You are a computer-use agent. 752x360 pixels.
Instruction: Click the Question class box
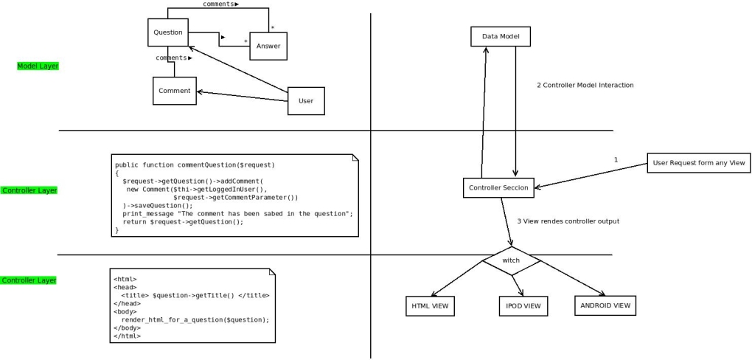(x=168, y=32)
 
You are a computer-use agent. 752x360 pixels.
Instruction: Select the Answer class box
(x=268, y=46)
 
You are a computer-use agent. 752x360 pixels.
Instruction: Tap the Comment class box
(x=175, y=91)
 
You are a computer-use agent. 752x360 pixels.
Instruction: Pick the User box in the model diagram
(x=305, y=101)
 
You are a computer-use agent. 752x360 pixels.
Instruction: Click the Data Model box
(x=501, y=36)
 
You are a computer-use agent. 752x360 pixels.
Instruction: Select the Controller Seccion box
(x=498, y=187)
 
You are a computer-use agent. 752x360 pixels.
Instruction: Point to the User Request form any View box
(x=698, y=163)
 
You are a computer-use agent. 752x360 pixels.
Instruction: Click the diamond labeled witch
(x=511, y=260)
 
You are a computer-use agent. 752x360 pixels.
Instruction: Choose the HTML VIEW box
(x=430, y=305)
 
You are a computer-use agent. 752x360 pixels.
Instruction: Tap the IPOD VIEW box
(x=523, y=305)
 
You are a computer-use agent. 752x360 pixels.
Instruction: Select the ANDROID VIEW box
(x=605, y=305)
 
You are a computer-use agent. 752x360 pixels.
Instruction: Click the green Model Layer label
(x=38, y=66)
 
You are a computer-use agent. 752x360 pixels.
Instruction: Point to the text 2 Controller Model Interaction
(x=585, y=86)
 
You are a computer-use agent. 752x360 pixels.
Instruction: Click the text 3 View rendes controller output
(x=568, y=221)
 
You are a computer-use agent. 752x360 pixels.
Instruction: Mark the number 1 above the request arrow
(x=616, y=159)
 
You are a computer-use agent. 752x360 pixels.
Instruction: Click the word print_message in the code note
(x=146, y=213)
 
